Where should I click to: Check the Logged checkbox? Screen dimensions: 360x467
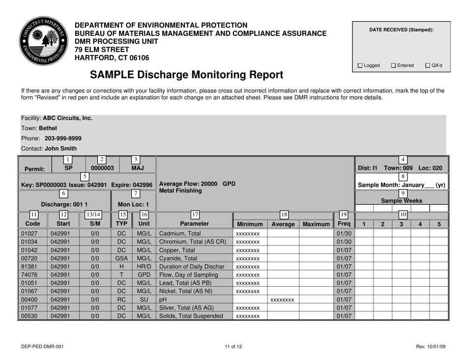tap(360, 65)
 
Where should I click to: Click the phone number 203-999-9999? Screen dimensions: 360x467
tap(63, 138)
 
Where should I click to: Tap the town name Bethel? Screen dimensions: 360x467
tap(48, 128)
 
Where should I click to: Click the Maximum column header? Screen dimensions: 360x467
tap(316, 224)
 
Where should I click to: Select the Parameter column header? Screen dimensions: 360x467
tap(193, 224)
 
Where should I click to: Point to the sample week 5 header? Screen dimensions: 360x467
tap(439, 224)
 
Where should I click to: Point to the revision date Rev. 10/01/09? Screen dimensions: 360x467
tap(431, 347)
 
